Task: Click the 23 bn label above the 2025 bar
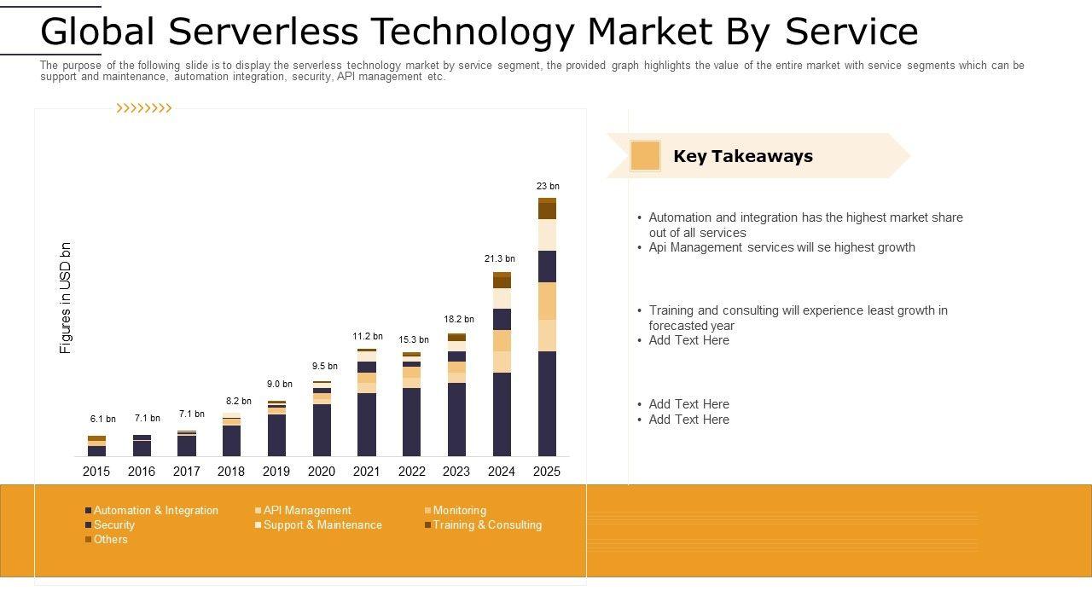coord(548,186)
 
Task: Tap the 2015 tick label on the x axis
coord(96,472)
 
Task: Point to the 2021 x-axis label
coord(367,472)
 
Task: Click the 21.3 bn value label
coord(500,258)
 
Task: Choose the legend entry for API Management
coord(306,511)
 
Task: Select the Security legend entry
coord(113,525)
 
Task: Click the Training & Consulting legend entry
coord(486,525)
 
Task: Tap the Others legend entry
coord(110,540)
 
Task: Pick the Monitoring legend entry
coord(459,511)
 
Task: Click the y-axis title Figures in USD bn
coord(66,298)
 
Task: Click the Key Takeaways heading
coord(743,156)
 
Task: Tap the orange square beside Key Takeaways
coord(645,156)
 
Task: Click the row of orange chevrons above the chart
coord(144,108)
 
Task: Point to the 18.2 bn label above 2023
coord(459,319)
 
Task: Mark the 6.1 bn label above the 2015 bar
coord(103,419)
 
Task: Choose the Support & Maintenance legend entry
coord(322,525)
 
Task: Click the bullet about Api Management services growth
coord(781,247)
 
